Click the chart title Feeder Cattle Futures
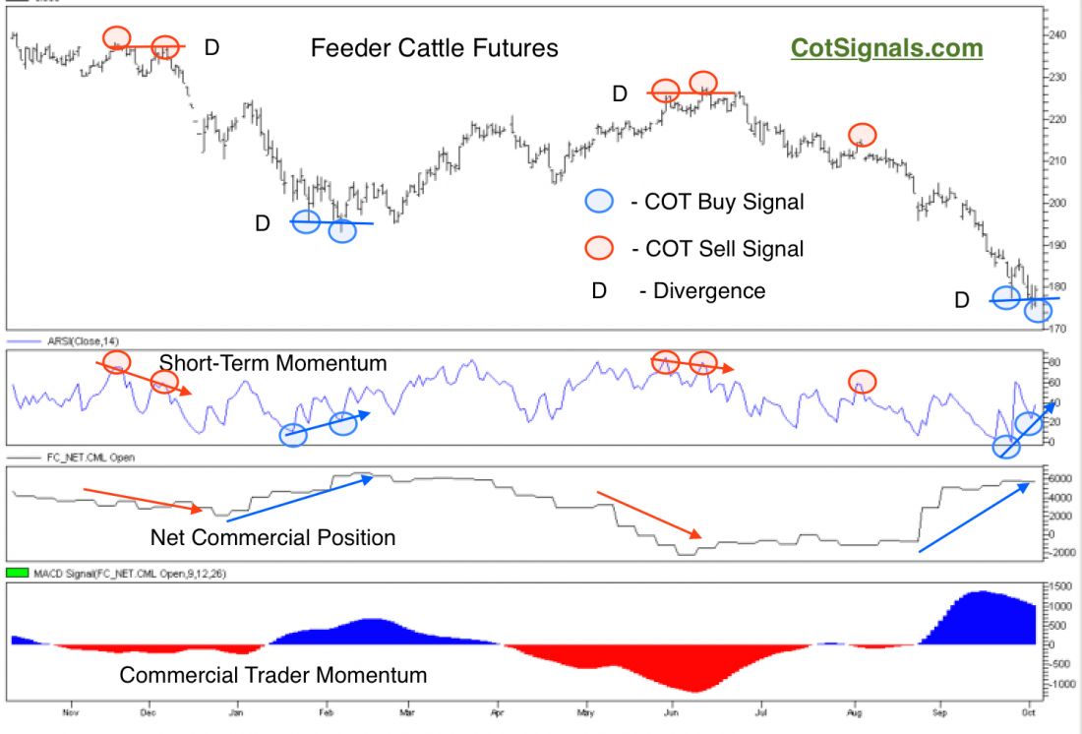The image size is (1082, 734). pos(434,48)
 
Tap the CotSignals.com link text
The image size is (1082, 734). pos(886,48)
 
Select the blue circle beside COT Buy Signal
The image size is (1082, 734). pos(598,202)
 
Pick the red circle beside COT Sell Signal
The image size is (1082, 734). pos(598,248)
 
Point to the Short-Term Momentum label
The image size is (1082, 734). pos(272,363)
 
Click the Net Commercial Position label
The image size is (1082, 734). pos(272,537)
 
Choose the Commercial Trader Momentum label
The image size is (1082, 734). pos(272,675)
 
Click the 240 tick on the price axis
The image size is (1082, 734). pos(1056,34)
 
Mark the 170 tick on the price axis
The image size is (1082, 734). pos(1056,328)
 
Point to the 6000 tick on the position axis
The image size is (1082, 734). pos(1058,478)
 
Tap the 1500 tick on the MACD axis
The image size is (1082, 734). pos(1058,585)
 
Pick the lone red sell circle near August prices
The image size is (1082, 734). pos(862,134)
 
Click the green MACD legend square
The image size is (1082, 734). pos(16,572)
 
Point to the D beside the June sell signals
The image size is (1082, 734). pos(620,93)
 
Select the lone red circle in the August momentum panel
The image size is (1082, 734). pos(862,381)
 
